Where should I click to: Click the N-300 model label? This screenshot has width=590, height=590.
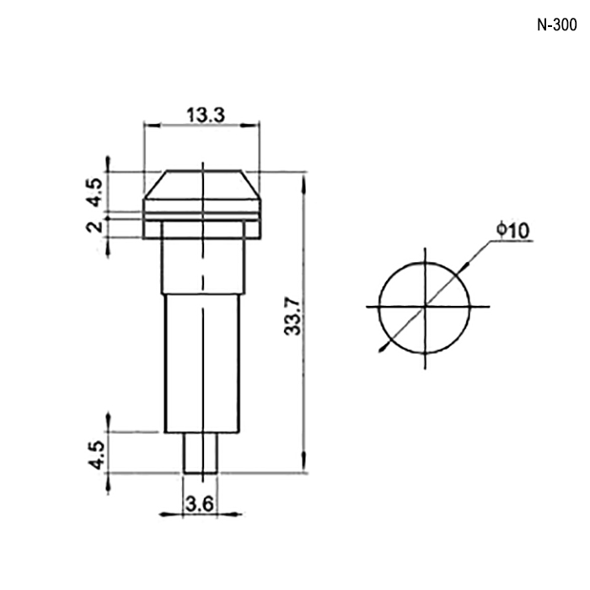tap(556, 25)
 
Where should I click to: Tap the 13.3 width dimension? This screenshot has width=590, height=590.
tap(206, 115)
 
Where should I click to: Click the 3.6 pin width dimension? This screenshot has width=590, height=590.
tap(200, 504)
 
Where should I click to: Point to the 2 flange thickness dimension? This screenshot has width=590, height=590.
tap(94, 227)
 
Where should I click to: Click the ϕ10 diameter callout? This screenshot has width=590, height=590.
tap(512, 230)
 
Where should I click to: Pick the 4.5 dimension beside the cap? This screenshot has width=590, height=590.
tap(94, 192)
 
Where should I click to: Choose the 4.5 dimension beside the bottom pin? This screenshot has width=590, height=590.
tap(96, 455)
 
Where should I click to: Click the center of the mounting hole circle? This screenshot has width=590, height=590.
tap(425, 307)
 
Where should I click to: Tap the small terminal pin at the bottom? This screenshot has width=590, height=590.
tap(201, 453)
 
